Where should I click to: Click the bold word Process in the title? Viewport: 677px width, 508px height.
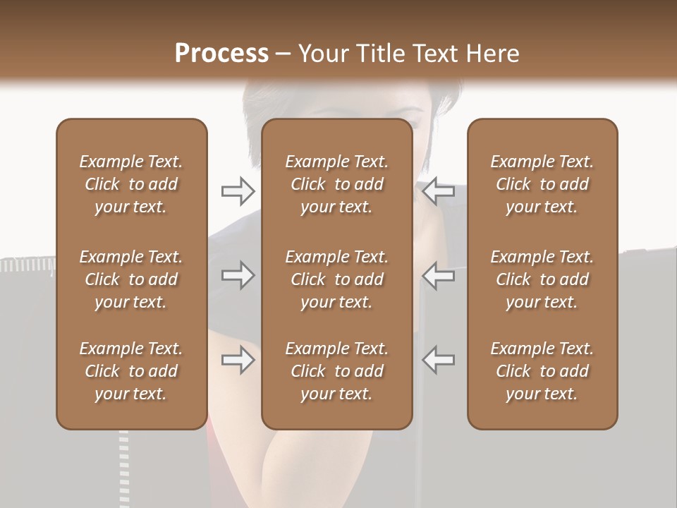pyautogui.click(x=221, y=54)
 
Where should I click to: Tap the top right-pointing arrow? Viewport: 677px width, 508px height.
pyautogui.click(x=238, y=190)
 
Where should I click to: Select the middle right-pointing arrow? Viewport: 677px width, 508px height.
pyautogui.click(x=238, y=275)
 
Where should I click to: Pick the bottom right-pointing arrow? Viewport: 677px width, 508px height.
pyautogui.click(x=238, y=361)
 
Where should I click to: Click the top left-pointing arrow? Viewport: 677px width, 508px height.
pyautogui.click(x=439, y=190)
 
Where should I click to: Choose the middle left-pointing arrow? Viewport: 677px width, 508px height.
pyautogui.click(x=439, y=275)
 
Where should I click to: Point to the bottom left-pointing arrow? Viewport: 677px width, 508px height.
pyautogui.click(x=439, y=361)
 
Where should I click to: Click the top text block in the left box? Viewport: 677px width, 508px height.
pyautogui.click(x=131, y=184)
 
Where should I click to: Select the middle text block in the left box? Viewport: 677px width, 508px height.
pyautogui.click(x=131, y=279)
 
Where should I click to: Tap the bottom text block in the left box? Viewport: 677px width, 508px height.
pyautogui.click(x=131, y=371)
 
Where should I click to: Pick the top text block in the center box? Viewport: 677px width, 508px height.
pyautogui.click(x=336, y=184)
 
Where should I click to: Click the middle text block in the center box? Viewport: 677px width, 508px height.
pyautogui.click(x=336, y=279)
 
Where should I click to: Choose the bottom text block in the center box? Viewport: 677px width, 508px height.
pyautogui.click(x=336, y=371)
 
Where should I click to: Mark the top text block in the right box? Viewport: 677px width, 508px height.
pyautogui.click(x=542, y=184)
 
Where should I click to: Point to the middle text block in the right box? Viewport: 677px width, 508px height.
pyautogui.click(x=542, y=279)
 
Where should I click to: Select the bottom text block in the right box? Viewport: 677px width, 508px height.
pyautogui.click(x=542, y=371)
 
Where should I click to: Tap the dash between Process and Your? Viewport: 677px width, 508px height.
pyautogui.click(x=283, y=55)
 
